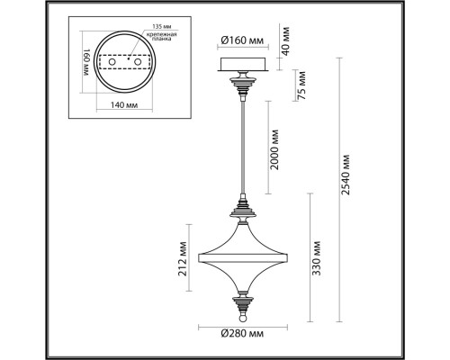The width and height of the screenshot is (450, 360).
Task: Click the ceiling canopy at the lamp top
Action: [x=242, y=66]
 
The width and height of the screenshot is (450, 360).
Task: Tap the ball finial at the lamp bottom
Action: [x=243, y=316]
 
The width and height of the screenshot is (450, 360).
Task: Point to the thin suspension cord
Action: [x=243, y=144]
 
